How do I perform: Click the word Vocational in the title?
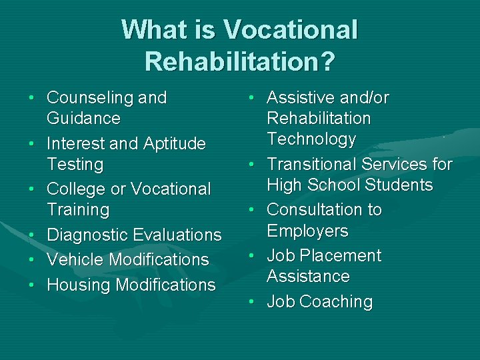(x=291, y=30)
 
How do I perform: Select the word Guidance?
(x=83, y=119)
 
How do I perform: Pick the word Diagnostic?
(x=87, y=235)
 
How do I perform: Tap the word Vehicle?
(x=73, y=260)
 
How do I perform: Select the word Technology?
(x=311, y=139)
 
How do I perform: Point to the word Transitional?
(x=311, y=164)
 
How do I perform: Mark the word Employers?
(x=307, y=231)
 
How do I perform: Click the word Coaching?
(x=336, y=302)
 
